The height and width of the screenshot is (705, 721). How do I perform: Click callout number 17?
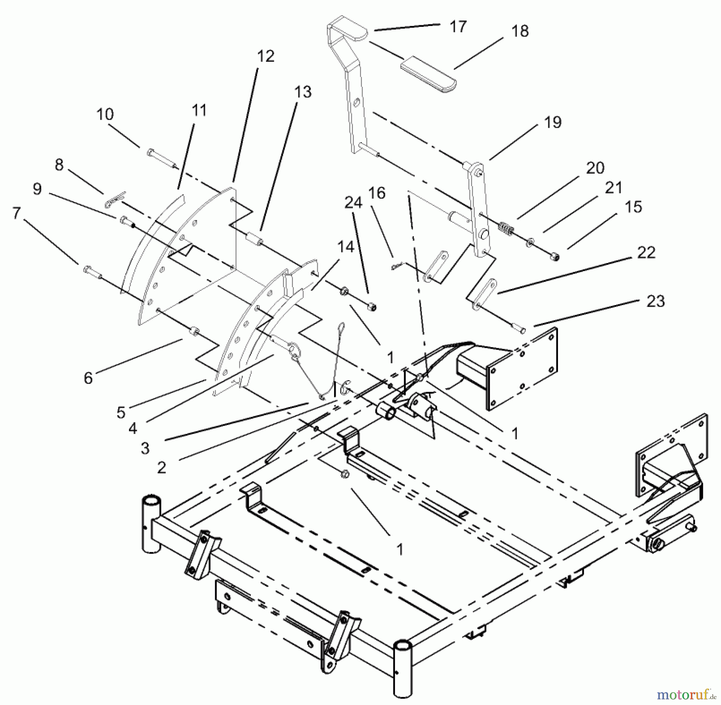tap(458, 27)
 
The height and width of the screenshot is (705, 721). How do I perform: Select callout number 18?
tap(520, 31)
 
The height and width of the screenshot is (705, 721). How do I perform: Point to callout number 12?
tap(266, 56)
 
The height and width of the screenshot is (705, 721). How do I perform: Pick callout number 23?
tap(655, 301)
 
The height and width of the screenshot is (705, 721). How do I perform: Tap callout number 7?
tap(16, 213)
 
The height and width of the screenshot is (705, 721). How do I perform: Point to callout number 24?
tap(353, 203)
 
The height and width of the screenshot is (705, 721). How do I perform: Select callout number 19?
tap(553, 122)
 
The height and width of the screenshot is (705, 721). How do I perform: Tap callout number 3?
tap(145, 448)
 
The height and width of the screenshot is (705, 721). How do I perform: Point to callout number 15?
tap(633, 207)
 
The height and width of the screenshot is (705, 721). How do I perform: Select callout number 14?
tap(346, 247)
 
